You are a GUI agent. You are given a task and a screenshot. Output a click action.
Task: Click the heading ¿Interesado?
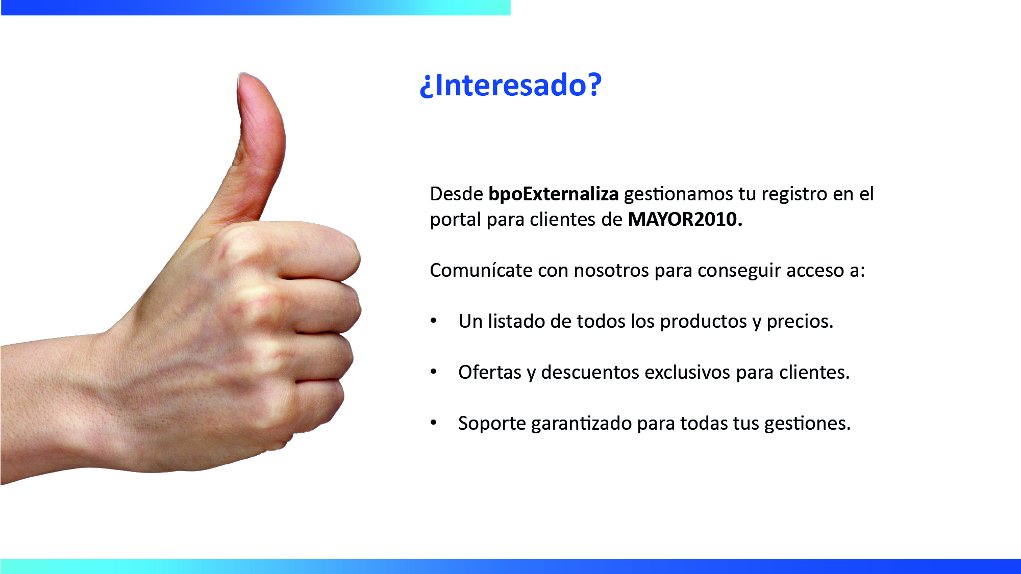coord(511,85)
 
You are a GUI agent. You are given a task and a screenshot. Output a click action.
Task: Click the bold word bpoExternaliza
coord(554,194)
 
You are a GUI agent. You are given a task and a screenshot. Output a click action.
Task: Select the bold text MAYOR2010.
coord(685,219)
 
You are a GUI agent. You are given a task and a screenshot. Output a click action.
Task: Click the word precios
coord(800,322)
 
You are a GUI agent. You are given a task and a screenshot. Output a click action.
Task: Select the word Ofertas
coord(490,372)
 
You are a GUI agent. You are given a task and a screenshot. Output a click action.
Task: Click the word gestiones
coord(808,424)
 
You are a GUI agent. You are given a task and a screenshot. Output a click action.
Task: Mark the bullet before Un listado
coord(434,321)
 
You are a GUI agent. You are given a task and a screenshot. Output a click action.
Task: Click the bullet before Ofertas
coord(434,372)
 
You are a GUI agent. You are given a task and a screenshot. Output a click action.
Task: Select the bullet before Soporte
coord(434,423)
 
